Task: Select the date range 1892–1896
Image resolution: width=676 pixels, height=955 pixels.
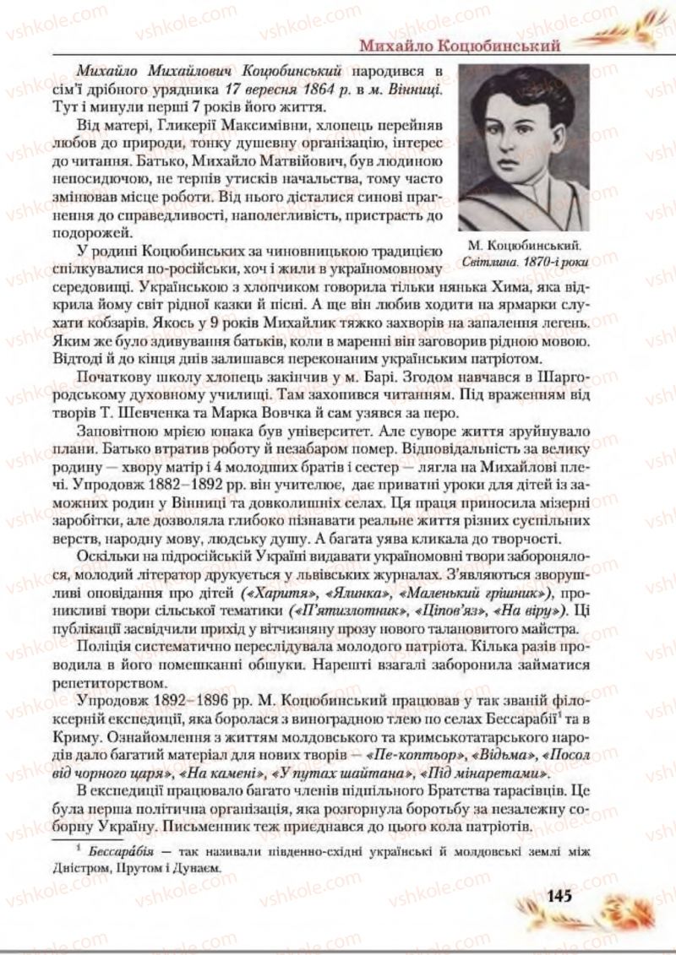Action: tap(182, 699)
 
